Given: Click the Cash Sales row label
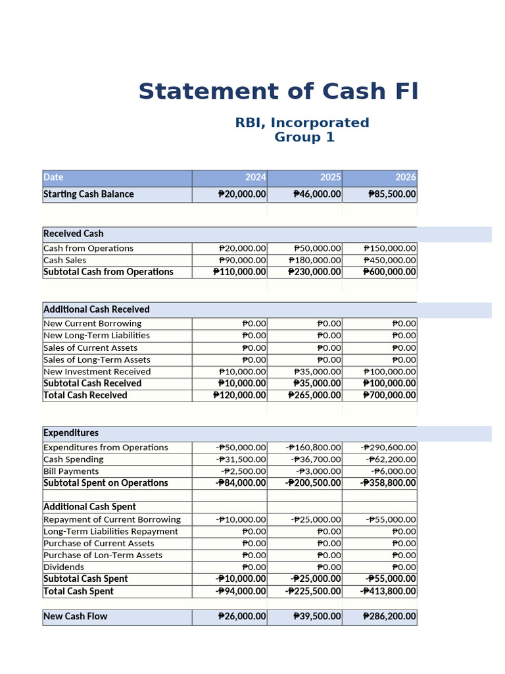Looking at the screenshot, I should pyautogui.click(x=65, y=260).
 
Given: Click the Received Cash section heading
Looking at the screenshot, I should pyautogui.click(x=74, y=234).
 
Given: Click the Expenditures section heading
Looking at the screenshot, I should pyautogui.click(x=71, y=433).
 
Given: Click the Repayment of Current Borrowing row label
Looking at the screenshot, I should pyautogui.click(x=112, y=519).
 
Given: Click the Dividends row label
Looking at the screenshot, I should pyautogui.click(x=64, y=567).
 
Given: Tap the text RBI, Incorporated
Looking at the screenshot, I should pyautogui.click(x=302, y=123).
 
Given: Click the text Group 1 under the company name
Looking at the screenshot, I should pyautogui.click(x=304, y=138).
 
